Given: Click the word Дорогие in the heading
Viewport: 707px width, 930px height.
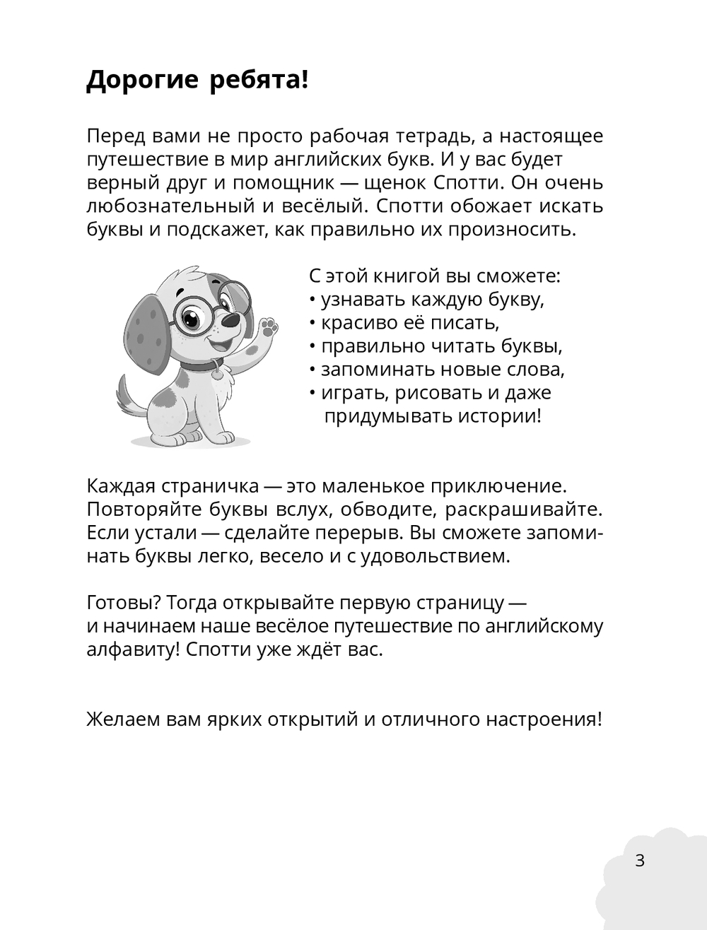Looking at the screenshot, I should pos(142,81).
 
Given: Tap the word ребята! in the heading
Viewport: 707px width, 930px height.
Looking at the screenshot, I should pos(259,81).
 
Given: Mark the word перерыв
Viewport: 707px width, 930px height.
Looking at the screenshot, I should pos(375,533).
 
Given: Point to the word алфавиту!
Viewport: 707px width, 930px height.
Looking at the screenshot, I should pos(133,649).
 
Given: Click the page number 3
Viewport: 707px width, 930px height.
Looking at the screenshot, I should pos(640,861).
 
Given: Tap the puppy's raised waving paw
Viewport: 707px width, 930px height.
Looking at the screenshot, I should pos(267,329).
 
